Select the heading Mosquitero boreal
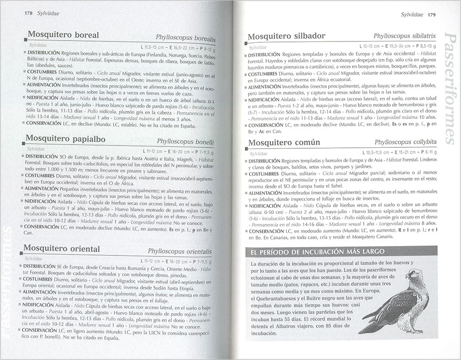pos(63,35)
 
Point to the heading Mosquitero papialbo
pos(66,139)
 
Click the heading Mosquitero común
pos(284,142)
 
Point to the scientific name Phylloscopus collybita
pos(404,142)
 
